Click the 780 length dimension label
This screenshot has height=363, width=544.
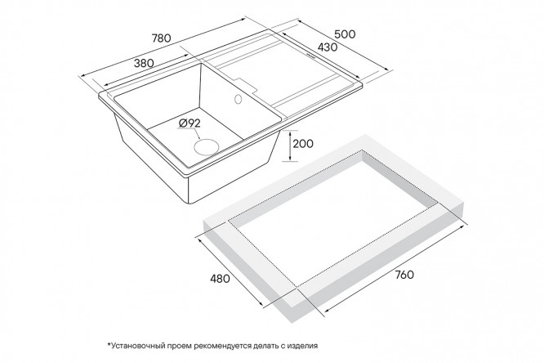tap(162, 38)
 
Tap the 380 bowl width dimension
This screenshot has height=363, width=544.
tap(144, 63)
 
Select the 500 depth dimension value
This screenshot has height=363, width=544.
tap(345, 34)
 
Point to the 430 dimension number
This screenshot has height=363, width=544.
tap(328, 47)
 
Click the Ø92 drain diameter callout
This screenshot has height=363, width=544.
tap(190, 123)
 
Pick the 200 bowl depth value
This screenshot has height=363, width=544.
tap(303, 143)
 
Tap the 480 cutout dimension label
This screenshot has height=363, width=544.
tap(220, 278)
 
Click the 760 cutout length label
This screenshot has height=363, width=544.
tap(404, 275)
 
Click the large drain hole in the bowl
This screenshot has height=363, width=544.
tap(207, 146)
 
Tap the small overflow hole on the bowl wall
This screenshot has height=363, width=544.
tap(238, 99)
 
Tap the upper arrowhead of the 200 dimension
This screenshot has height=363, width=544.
tap(289, 132)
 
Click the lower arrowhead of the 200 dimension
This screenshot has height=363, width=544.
tap(289, 159)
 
